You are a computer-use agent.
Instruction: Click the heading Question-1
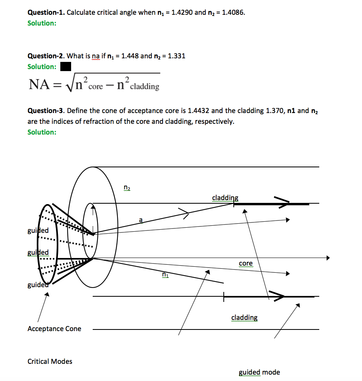[46, 12]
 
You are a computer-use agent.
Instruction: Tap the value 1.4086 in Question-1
[233, 12]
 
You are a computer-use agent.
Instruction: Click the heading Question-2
[46, 56]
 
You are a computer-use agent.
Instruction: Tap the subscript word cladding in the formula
[145, 86]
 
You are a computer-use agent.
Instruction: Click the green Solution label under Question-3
[42, 132]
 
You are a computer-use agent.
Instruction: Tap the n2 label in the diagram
[127, 187]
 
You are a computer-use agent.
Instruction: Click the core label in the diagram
[246, 263]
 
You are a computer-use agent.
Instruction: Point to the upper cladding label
[225, 198]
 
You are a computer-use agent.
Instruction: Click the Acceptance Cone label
[54, 329]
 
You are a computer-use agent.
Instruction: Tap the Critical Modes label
[50, 361]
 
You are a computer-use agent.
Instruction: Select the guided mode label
[259, 372]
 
